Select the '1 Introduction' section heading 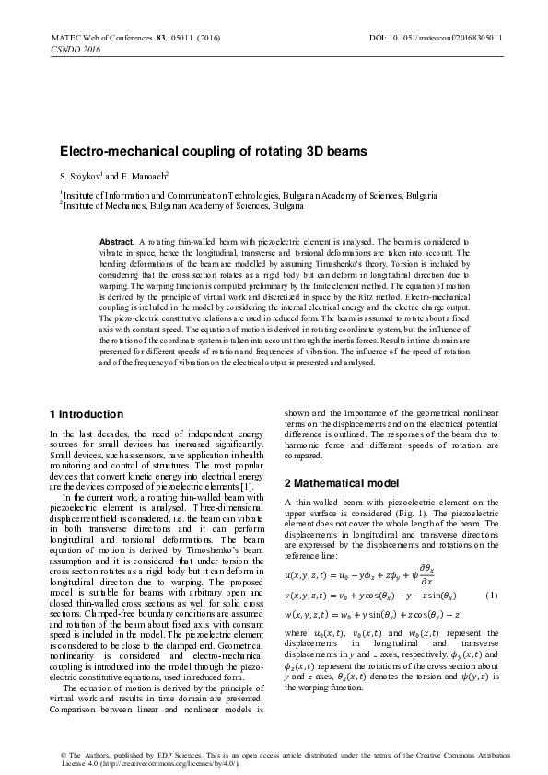[x=86, y=414]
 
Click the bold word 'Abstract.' [x=117, y=241]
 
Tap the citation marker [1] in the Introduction [x=240, y=486]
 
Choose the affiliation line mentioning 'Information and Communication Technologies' [x=248, y=196]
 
